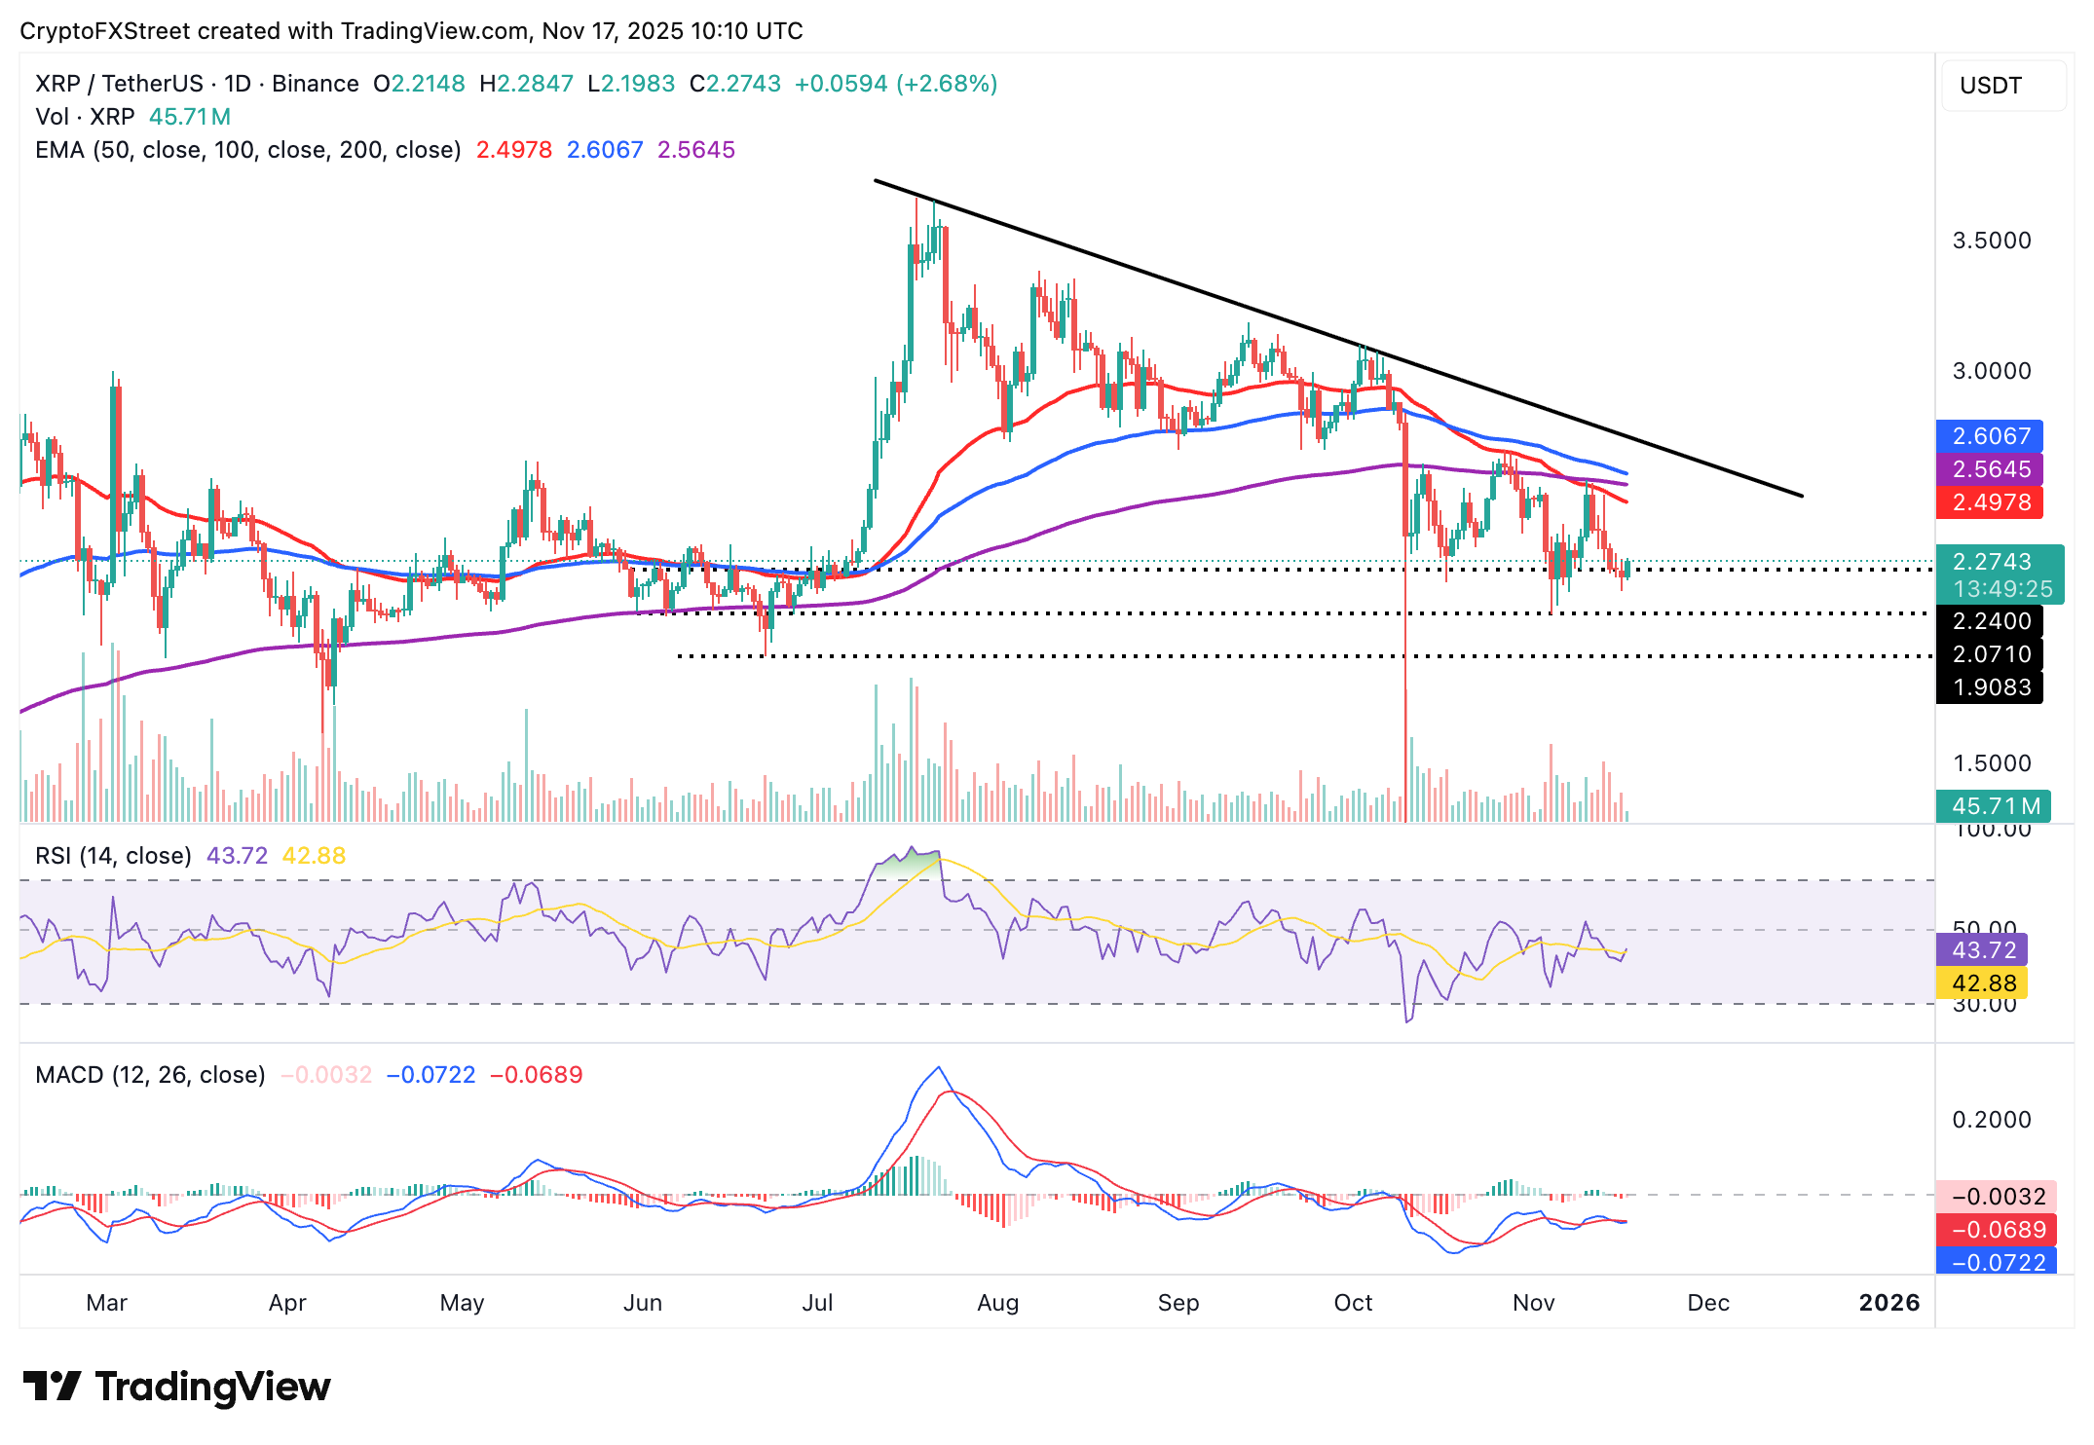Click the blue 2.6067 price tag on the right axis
pyautogui.click(x=1990, y=436)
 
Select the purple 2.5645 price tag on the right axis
pyautogui.click(x=1990, y=469)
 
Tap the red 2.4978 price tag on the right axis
pyautogui.click(x=1990, y=502)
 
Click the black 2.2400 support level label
pyautogui.click(x=1990, y=621)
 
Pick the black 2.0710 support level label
pyautogui.click(x=1990, y=654)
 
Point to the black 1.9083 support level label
pyautogui.click(x=1990, y=687)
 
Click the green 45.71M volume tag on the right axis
pyautogui.click(x=1994, y=806)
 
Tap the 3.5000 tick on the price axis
pyautogui.click(x=1992, y=241)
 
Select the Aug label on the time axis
pyautogui.click(x=997, y=1303)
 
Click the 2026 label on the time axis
pyautogui.click(x=1888, y=1303)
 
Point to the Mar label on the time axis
pyautogui.click(x=106, y=1303)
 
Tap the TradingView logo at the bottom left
pyautogui.click(x=176, y=1387)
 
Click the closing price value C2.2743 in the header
pyautogui.click(x=735, y=84)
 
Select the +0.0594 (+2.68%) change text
pyautogui.click(x=896, y=84)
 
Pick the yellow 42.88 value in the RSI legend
pyautogui.click(x=314, y=856)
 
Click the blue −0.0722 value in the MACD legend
pyautogui.click(x=430, y=1075)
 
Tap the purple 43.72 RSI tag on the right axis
pyautogui.click(x=1983, y=949)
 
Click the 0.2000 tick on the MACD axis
pyautogui.click(x=1992, y=1120)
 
